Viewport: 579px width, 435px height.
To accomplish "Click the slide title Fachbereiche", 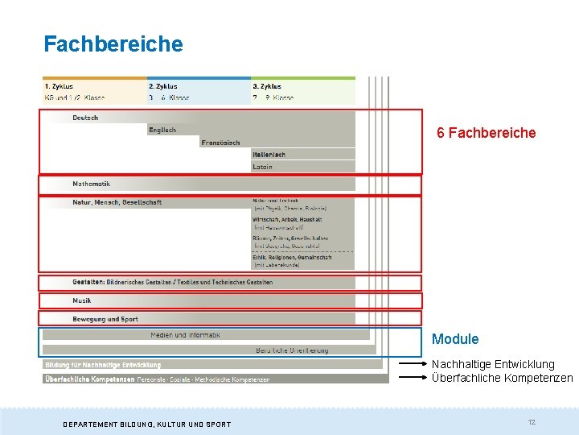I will point(113,43).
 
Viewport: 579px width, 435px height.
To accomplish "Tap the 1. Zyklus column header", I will point(59,86).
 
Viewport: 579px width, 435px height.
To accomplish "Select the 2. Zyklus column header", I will point(163,86).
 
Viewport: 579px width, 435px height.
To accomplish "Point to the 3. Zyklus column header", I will point(267,86).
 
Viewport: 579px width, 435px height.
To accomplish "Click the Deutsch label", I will point(85,118).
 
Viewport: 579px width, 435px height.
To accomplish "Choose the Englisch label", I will point(162,130).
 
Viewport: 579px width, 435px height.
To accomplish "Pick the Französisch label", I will point(220,143).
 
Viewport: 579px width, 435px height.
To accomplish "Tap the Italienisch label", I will point(269,155).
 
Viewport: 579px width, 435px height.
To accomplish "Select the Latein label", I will point(262,167).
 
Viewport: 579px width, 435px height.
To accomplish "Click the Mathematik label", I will point(91,184).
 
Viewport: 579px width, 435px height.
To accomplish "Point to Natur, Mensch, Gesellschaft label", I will point(117,202).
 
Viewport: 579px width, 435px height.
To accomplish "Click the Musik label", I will point(82,300).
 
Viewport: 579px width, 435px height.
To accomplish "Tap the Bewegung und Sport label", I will point(105,319).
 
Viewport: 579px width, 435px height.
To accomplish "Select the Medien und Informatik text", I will point(185,334).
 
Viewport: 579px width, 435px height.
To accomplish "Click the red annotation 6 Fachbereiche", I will point(486,133).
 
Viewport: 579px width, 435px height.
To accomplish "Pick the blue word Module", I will point(455,339).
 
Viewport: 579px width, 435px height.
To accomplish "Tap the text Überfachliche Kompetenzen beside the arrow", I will point(502,378).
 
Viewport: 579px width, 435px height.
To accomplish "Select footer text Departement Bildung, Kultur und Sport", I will point(147,425).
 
